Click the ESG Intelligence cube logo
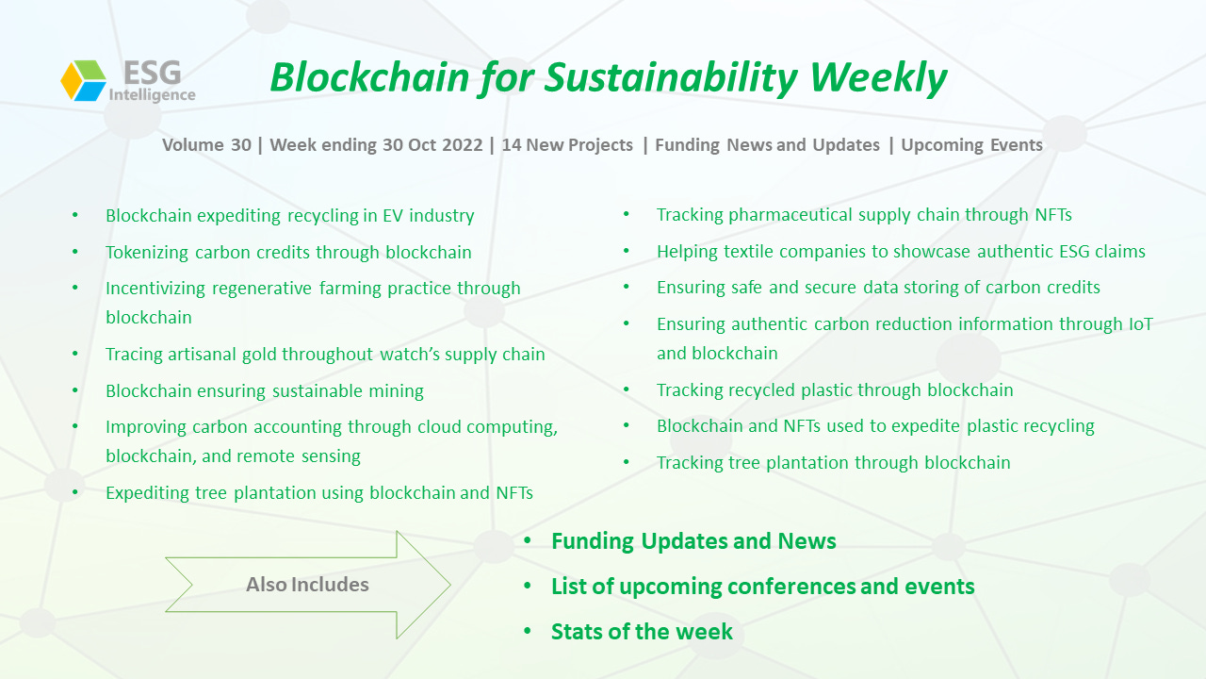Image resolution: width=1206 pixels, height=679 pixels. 84,81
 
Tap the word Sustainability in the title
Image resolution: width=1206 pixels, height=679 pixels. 671,79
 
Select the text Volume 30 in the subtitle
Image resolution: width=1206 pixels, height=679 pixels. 206,145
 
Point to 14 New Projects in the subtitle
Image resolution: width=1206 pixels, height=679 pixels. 567,145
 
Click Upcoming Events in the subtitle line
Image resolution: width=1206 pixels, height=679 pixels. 971,145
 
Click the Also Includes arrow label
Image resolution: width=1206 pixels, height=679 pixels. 307,585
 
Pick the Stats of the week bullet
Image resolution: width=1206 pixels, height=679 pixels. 642,632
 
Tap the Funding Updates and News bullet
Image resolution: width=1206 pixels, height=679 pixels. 693,541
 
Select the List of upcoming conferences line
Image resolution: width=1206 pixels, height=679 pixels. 763,587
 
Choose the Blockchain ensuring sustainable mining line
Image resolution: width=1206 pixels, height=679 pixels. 265,391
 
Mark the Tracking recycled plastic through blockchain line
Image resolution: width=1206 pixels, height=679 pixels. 835,390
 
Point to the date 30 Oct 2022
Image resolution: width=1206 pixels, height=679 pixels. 432,145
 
